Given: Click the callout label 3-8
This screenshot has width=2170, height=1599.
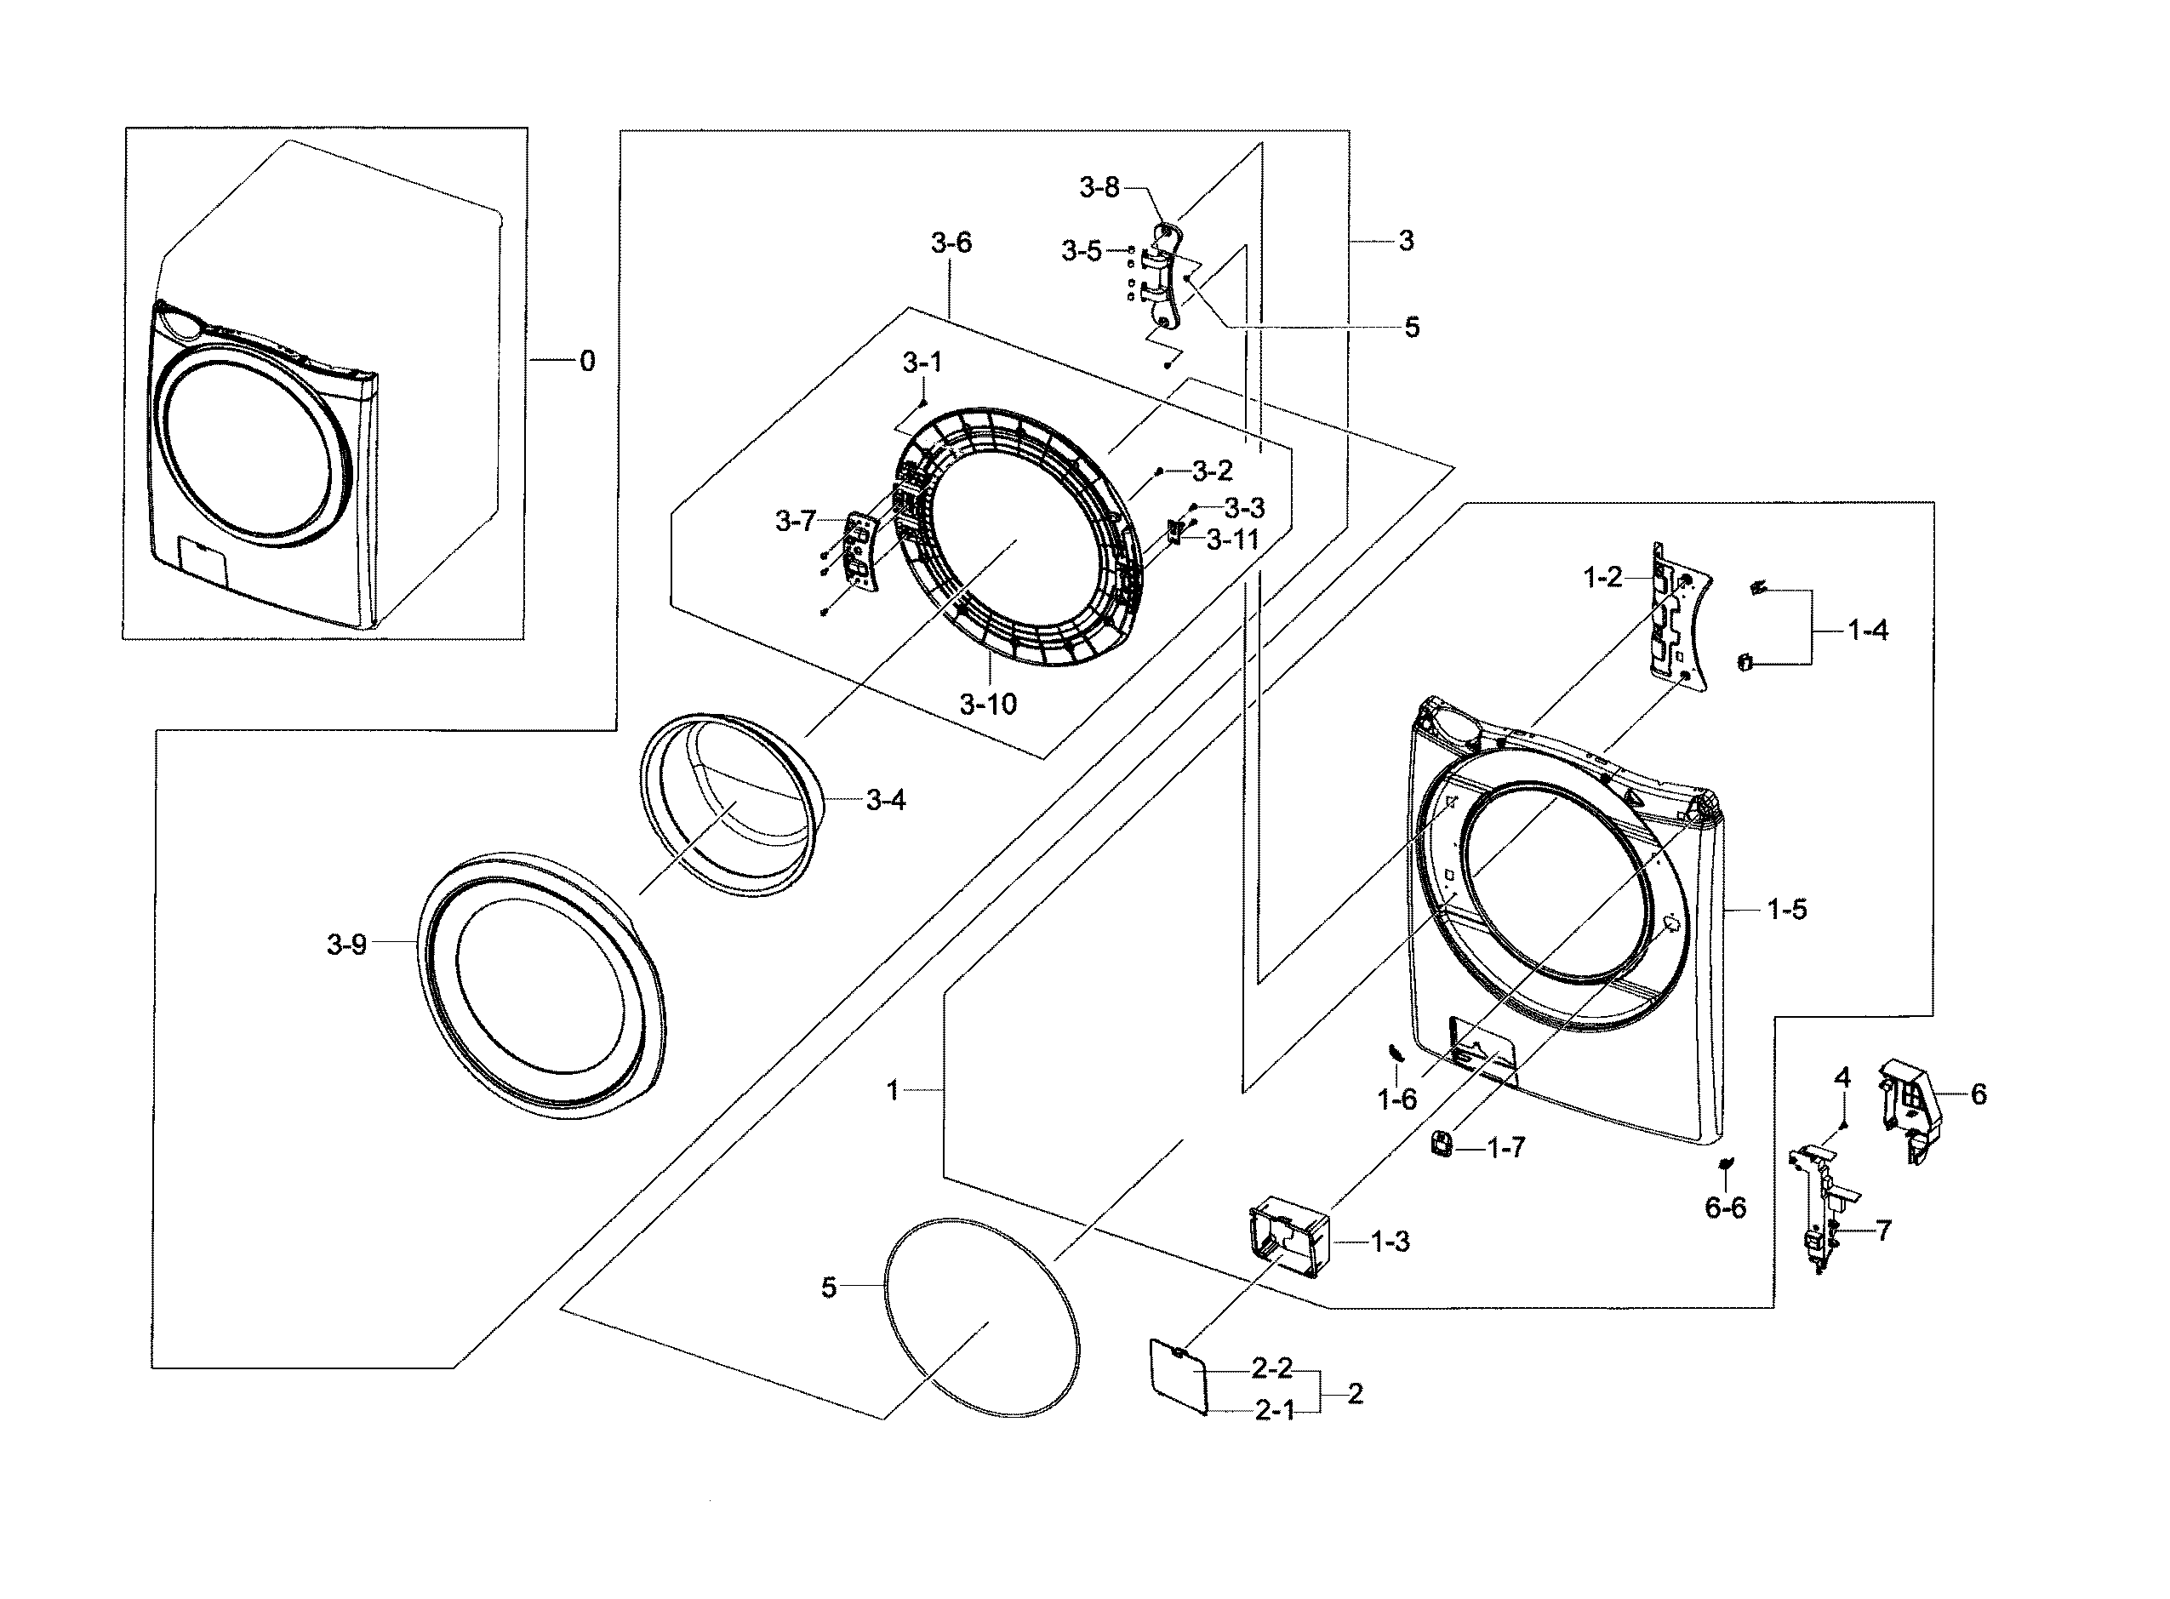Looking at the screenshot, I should point(1099,188).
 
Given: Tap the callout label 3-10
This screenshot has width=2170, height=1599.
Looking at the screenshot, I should point(988,704).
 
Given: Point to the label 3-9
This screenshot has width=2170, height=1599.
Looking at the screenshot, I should point(346,944).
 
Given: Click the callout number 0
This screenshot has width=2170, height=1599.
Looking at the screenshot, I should point(586,361).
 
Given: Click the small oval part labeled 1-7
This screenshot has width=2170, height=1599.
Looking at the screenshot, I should point(1442,1143).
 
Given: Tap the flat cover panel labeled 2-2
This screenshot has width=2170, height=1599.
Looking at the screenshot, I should point(1177,1375).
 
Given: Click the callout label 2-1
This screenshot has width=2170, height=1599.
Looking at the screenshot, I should point(1275,1411).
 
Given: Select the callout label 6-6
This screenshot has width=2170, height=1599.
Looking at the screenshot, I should point(1725,1207).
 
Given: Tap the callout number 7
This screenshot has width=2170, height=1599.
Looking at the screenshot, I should point(1882,1231).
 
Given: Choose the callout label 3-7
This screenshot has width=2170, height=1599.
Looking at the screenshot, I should point(796,521).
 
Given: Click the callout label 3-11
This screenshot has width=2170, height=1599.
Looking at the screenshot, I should point(1232,540).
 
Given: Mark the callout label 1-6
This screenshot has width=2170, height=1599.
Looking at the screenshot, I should point(1396,1099).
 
